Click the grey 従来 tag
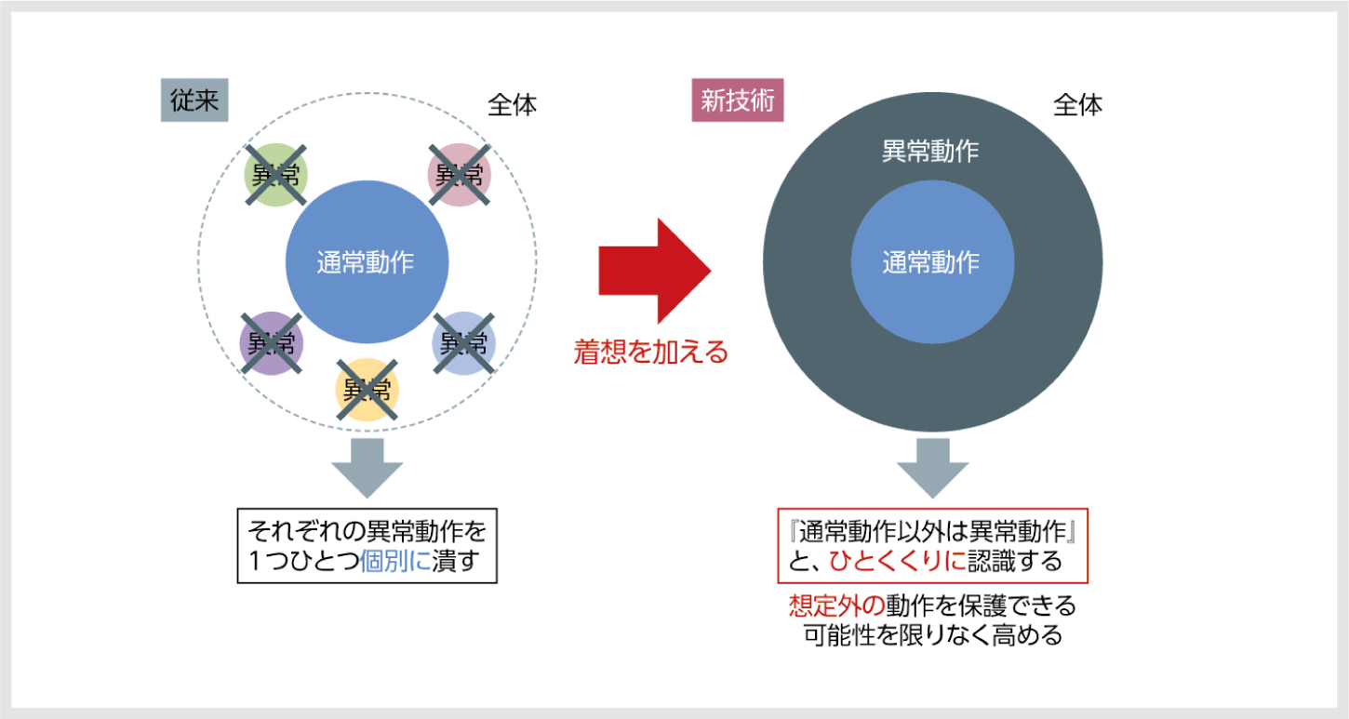click(194, 100)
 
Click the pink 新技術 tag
click(737, 100)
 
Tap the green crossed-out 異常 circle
click(275, 175)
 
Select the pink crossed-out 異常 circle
click(459, 175)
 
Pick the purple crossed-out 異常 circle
click(271, 343)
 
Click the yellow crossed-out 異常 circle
click(367, 390)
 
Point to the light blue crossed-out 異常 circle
click(463, 343)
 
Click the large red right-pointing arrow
click(655, 271)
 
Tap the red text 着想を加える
click(650, 353)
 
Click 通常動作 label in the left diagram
click(366, 262)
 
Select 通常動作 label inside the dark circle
click(931, 262)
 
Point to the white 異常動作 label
click(930, 151)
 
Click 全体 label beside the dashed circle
click(512, 105)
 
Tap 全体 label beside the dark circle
click(1078, 105)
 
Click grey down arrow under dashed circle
click(367, 468)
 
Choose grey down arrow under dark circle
click(933, 468)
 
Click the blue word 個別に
click(395, 561)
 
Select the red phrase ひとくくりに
click(898, 561)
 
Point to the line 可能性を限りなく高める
click(933, 636)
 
